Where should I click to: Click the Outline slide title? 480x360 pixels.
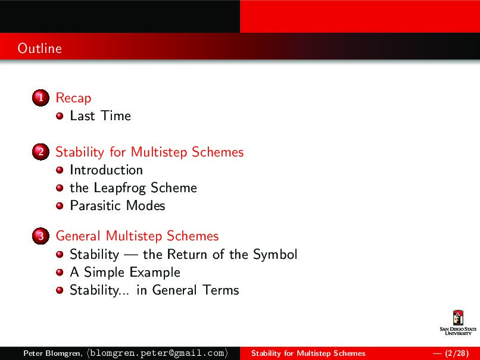[x=39, y=48]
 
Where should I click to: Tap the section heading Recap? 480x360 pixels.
[x=73, y=98]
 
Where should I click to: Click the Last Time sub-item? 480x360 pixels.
[x=100, y=116]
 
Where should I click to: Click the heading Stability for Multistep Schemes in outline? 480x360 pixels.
[x=149, y=152]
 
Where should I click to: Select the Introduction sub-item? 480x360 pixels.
[x=106, y=170]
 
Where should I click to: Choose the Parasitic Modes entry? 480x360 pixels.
[x=117, y=206]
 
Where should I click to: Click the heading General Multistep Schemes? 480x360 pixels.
[x=137, y=236]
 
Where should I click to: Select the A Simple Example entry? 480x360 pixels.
[x=124, y=273]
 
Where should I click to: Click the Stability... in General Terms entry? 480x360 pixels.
[x=154, y=290]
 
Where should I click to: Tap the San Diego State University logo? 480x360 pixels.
[x=457, y=323]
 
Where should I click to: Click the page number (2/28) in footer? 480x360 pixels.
[x=451, y=353]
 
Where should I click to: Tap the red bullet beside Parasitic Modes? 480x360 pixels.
[x=60, y=206]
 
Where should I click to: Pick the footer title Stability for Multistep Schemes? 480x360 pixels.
[x=308, y=353]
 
